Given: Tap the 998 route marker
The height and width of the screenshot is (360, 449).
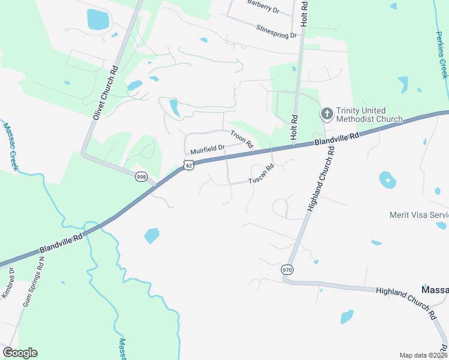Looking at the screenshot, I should (141, 176).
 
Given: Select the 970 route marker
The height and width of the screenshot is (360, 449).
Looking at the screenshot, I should (287, 270).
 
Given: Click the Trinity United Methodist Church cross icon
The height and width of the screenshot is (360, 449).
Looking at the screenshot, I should (327, 113).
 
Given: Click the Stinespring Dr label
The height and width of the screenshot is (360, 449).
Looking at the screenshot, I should (276, 31).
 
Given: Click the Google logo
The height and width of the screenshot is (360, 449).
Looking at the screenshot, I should (20, 353).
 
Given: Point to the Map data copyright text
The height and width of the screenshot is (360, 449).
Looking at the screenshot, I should (423, 355).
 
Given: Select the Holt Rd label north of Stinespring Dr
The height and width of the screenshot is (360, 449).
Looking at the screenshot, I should (304, 12).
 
